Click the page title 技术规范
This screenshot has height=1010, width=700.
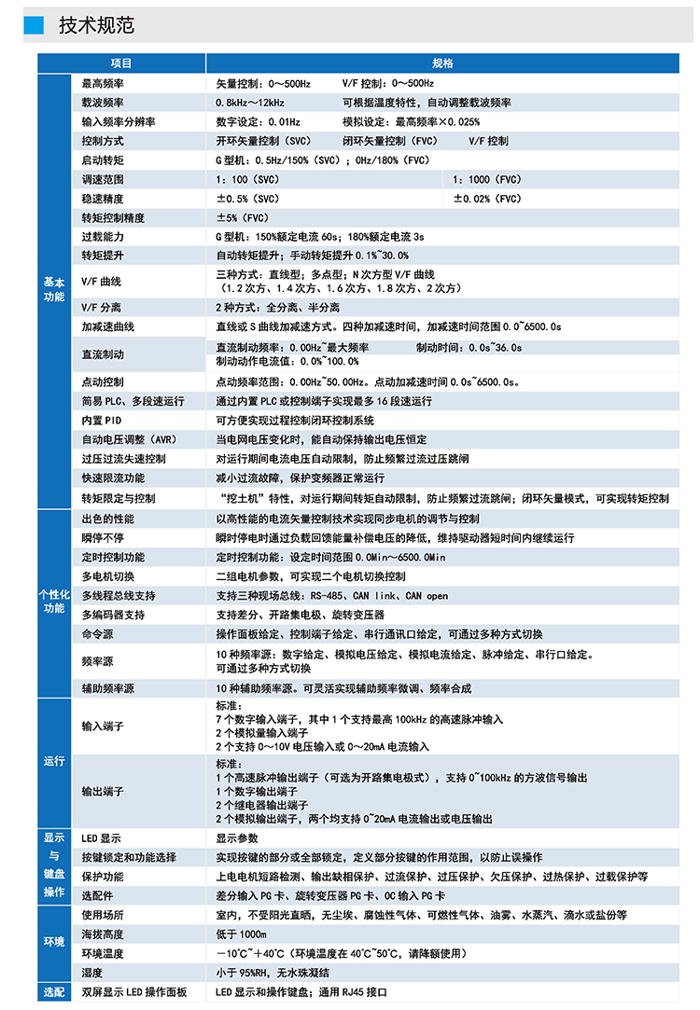[96, 25]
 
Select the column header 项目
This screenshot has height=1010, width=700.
[121, 63]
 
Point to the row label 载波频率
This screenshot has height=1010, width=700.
[103, 103]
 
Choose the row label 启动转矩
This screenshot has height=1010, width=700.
[103, 160]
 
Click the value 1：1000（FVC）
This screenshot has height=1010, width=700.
[488, 180]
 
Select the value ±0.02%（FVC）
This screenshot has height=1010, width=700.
[488, 200]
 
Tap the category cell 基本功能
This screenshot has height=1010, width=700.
[54, 289]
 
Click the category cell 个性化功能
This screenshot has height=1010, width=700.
[54, 601]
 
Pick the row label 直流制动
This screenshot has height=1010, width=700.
[103, 354]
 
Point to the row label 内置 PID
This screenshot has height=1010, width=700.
[102, 420]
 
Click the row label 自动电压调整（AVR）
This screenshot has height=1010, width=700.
[129, 439]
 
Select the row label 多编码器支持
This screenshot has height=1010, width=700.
[113, 615]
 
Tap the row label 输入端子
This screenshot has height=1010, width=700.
[103, 726]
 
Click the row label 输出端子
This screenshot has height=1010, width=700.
[103, 792]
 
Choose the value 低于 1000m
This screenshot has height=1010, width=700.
[242, 934]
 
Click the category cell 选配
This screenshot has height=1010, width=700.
[54, 992]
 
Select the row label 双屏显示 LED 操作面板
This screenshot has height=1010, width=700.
[134, 992]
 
